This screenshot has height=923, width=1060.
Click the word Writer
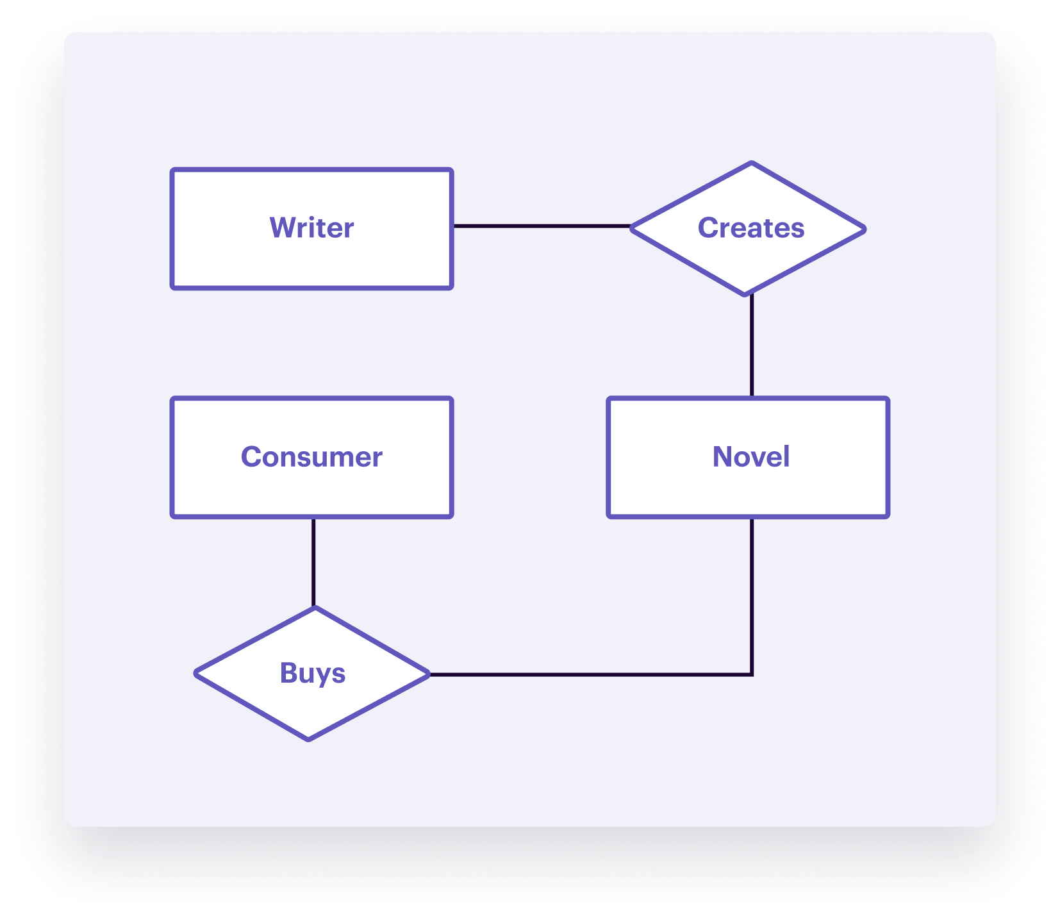311,228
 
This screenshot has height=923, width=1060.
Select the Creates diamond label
750,228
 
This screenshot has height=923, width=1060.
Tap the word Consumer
311,457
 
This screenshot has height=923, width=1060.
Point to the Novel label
750,457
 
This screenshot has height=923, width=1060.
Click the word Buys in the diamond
313,673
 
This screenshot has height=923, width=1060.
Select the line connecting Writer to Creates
542,226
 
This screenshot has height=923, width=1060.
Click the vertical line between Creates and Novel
752,346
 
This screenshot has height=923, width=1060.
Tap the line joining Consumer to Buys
313,562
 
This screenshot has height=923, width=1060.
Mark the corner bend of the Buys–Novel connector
752,674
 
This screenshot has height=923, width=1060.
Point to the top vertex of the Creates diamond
751,163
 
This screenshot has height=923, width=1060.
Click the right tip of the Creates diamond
865,229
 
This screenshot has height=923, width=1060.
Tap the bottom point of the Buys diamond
309,739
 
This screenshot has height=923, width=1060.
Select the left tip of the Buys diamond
196,673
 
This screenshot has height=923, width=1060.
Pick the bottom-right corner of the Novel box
887,515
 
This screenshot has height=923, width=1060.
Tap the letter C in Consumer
251,457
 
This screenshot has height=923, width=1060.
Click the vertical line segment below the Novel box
752,596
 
